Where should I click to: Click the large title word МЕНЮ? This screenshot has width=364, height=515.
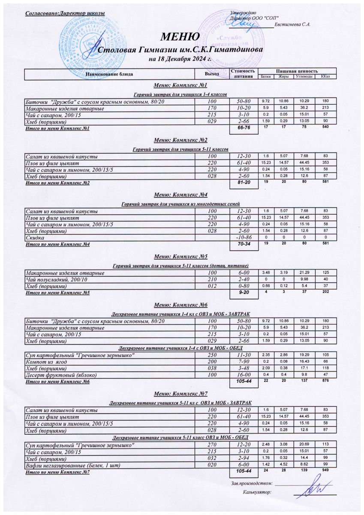coord(180,36)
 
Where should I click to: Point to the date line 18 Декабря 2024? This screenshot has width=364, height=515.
coord(180,59)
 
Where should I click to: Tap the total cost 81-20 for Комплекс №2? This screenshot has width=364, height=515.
coord(244,183)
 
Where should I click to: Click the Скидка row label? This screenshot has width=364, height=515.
coord(36,237)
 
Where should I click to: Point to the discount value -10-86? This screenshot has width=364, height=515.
coord(244,237)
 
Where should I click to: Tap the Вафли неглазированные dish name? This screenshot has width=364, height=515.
coord(72,465)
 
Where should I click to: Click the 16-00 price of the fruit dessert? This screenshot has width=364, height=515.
coord(244,375)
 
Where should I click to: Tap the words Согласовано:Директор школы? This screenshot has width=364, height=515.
coord(66,15)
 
